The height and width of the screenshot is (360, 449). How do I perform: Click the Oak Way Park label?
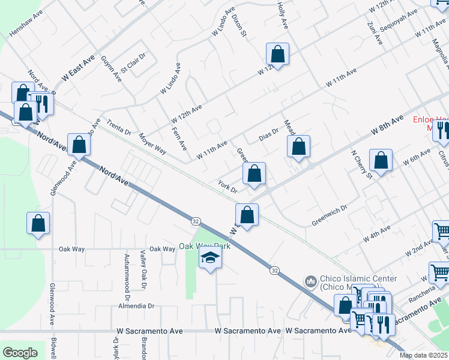205,246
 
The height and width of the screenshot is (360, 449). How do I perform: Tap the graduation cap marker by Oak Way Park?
210,259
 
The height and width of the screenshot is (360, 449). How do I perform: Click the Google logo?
20,353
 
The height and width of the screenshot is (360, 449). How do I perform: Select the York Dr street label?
228,187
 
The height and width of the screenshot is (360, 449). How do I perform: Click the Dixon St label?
240,25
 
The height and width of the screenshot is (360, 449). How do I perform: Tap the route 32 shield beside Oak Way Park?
196,221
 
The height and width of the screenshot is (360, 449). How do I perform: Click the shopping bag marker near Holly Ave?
278,54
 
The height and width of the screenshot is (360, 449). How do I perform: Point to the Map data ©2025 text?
423,355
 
